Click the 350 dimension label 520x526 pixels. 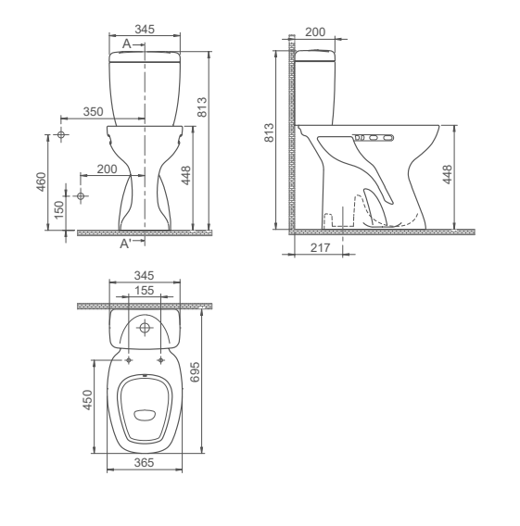pyautogui.click(x=94, y=111)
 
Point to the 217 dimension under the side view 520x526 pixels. pyautogui.click(x=318, y=248)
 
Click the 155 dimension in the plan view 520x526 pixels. pyautogui.click(x=144, y=290)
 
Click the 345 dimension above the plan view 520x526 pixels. pyautogui.click(x=144, y=276)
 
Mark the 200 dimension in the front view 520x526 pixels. pyautogui.click(x=108, y=169)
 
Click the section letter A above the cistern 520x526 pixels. pyautogui.click(x=126, y=43)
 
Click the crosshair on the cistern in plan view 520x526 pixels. pyautogui.click(x=144, y=327)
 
